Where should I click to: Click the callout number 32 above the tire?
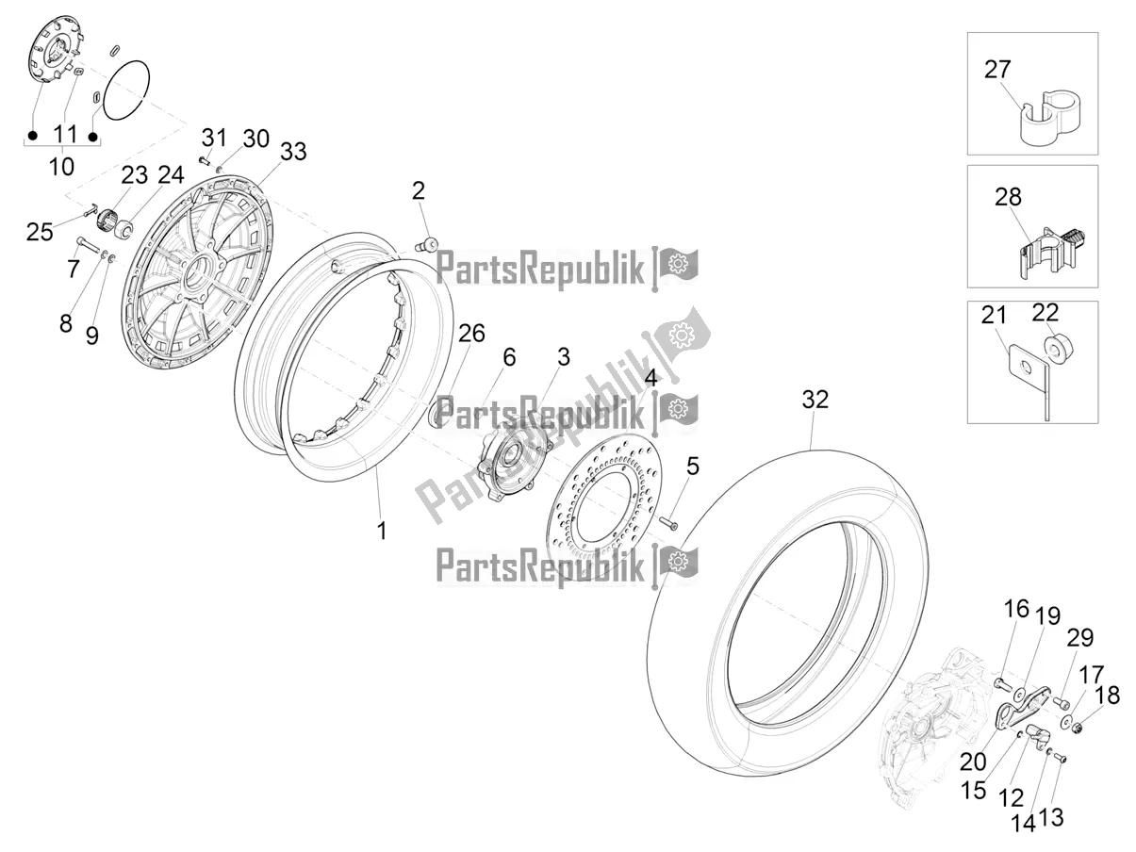815,400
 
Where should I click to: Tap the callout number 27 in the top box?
997,70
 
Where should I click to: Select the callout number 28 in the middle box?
1008,197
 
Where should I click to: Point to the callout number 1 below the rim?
382,531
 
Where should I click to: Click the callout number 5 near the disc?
693,467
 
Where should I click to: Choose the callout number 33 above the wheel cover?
293,152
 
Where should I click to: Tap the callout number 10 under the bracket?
61,167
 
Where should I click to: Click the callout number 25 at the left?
40,232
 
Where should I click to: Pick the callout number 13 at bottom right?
1050,817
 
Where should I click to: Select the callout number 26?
471,334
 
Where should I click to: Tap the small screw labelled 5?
669,525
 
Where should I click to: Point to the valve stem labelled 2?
427,242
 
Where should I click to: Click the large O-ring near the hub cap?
127,91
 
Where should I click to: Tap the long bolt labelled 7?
88,245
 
